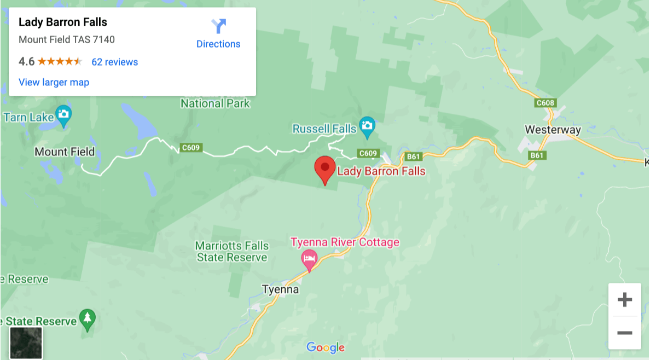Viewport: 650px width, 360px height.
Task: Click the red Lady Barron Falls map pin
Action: [325, 167]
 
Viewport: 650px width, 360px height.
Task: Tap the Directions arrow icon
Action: [218, 26]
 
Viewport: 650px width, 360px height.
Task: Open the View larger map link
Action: [54, 83]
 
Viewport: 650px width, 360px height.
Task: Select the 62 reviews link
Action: [114, 62]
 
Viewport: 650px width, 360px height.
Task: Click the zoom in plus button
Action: [624, 300]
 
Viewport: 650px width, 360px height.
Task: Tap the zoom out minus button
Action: [624, 333]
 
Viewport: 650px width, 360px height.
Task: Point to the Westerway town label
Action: [553, 130]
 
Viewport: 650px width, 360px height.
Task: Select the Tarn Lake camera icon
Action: [64, 114]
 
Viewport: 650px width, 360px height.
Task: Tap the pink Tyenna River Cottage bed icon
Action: [310, 258]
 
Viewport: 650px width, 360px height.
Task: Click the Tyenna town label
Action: [280, 289]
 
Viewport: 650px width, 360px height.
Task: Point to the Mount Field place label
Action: [65, 152]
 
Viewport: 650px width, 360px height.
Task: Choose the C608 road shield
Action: [545, 103]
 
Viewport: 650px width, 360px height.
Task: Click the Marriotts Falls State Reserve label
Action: [231, 252]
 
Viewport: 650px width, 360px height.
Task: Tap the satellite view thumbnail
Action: [26, 342]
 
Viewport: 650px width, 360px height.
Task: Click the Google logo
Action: [326, 347]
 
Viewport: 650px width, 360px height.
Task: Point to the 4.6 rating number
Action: [26, 62]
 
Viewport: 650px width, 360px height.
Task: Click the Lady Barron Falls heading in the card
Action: [63, 22]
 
